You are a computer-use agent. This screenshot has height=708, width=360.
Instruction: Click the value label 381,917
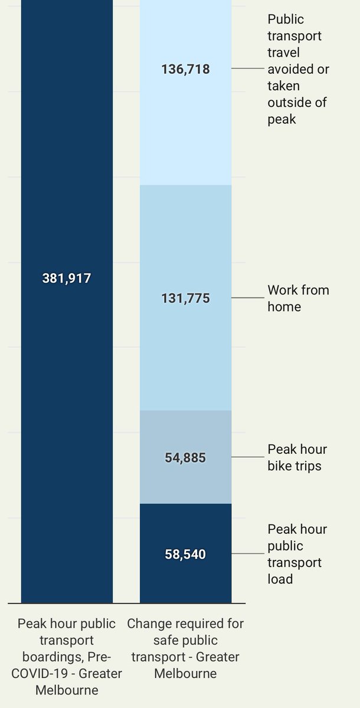click(x=67, y=278)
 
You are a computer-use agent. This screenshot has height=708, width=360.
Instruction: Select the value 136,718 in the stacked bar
click(x=185, y=70)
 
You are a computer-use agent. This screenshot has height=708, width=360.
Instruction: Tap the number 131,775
click(x=185, y=299)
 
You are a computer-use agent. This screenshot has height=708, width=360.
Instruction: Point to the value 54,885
click(x=185, y=457)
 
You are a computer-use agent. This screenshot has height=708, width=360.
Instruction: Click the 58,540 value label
click(x=185, y=555)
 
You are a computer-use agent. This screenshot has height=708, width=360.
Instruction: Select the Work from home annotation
click(x=298, y=299)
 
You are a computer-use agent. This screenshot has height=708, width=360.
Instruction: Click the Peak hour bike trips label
click(x=297, y=457)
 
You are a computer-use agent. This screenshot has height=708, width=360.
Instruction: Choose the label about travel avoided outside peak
click(x=298, y=70)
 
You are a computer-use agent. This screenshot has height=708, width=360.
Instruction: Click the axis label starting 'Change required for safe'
click(x=185, y=648)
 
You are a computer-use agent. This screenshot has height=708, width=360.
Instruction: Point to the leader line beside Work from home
click(x=248, y=298)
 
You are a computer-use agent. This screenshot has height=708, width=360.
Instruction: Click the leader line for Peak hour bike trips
click(x=248, y=457)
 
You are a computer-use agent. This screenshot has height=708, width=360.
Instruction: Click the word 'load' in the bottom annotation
click(x=280, y=579)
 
